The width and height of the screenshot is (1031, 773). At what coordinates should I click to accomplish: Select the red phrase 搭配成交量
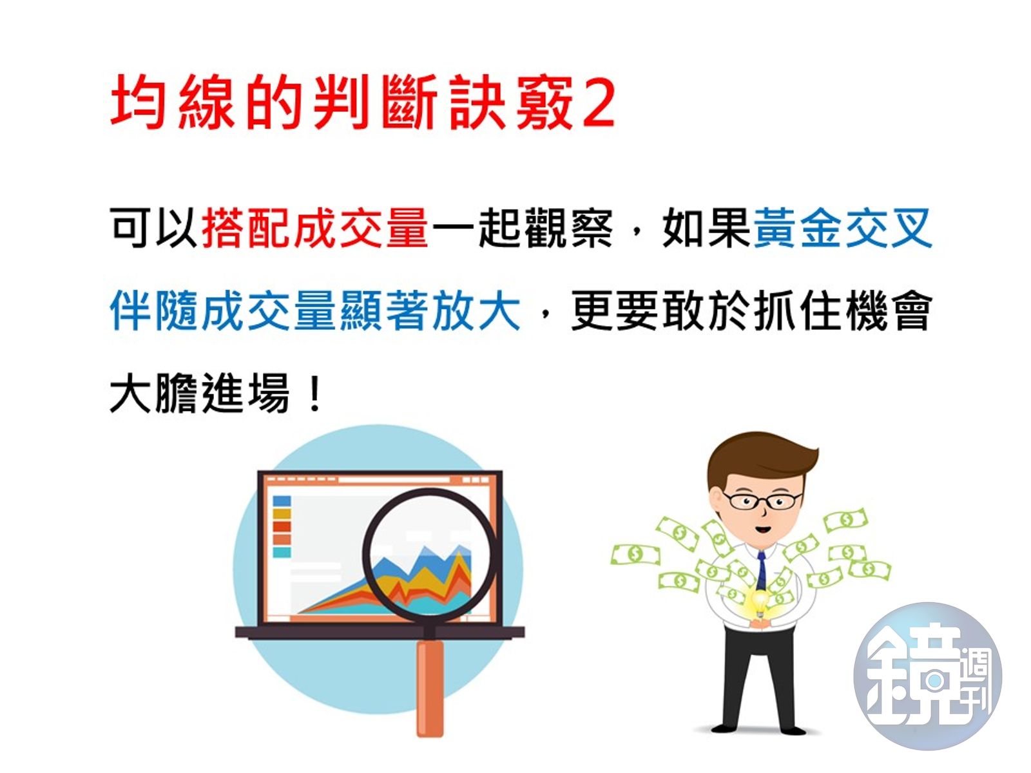pos(315,228)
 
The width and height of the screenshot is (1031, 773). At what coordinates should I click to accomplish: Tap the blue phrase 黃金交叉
pos(843,228)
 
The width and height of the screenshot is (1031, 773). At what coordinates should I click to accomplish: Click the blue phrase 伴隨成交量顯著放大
pos(315,311)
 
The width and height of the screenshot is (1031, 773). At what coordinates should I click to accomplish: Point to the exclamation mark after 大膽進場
pos(315,394)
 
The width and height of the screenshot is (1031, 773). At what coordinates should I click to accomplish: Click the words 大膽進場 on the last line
pos(200,394)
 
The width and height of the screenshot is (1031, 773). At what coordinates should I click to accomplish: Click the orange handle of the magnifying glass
pos(430,689)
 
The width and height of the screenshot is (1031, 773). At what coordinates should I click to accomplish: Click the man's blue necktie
pos(762,570)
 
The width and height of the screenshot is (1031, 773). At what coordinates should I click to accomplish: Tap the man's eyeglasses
pos(762,500)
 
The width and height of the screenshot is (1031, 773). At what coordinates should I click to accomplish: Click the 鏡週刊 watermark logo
pos(927,676)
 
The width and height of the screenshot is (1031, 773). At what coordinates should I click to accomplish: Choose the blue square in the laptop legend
pos(282,501)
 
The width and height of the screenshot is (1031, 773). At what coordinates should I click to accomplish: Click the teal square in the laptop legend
pos(282,552)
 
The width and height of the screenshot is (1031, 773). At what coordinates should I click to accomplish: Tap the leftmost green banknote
pos(635,554)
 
